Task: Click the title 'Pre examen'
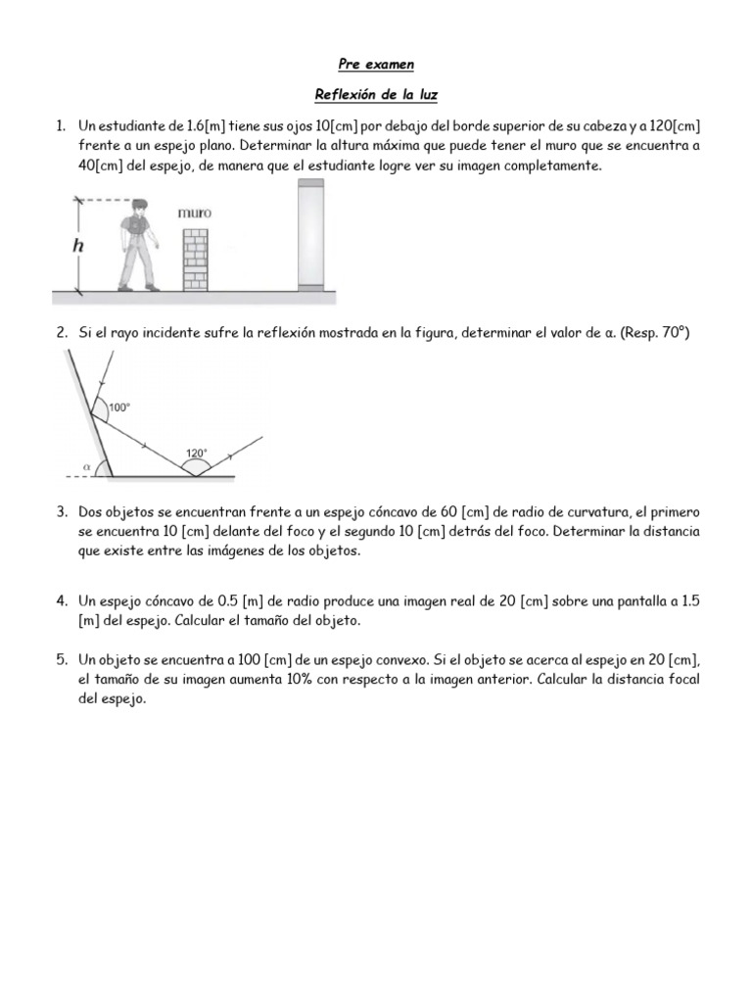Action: click(375, 65)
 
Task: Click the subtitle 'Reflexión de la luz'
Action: click(375, 95)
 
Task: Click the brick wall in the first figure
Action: click(195, 259)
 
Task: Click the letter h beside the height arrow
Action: click(79, 246)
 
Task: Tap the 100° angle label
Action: click(118, 407)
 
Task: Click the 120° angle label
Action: click(197, 454)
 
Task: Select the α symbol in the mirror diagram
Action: click(87, 467)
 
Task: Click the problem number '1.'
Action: click(61, 126)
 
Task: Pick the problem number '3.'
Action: click(61, 512)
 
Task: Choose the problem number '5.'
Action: click(61, 659)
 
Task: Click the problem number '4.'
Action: click(61, 600)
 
